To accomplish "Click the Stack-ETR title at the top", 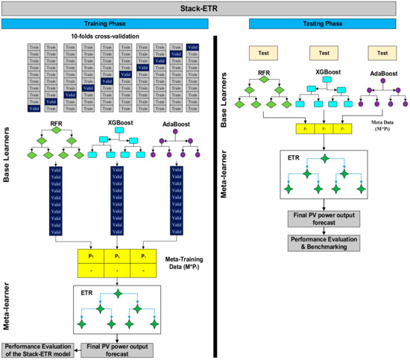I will coord(204,9).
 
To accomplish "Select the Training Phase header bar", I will coord(107,24).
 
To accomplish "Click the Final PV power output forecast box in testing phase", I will coord(324,218).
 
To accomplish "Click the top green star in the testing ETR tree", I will coord(324,157).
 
